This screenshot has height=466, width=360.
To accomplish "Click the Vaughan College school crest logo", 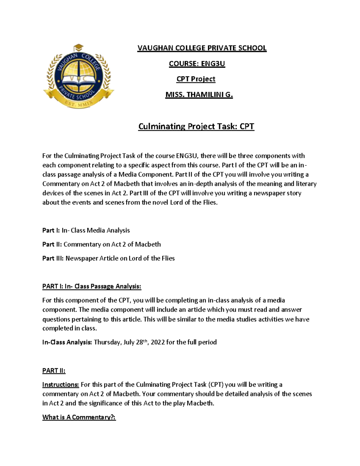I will click(x=79, y=77).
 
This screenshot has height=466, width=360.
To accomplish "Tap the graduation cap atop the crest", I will click(x=79, y=48).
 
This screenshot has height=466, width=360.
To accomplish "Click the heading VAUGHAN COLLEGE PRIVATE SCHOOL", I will click(x=202, y=48).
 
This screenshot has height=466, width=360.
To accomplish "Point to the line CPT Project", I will click(x=196, y=79).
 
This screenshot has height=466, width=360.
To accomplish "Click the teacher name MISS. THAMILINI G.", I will click(x=199, y=95).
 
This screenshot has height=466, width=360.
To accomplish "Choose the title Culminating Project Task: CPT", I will click(x=196, y=126).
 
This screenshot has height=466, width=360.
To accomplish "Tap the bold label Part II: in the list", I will click(x=52, y=244).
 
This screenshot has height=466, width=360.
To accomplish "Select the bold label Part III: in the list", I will click(x=53, y=258).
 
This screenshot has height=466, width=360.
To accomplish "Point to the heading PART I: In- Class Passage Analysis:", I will click(x=91, y=286).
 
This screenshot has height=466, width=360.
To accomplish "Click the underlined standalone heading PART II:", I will click(x=54, y=371).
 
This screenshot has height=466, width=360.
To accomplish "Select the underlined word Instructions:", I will click(x=61, y=385).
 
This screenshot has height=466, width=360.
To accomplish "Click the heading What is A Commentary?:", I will click(x=79, y=417).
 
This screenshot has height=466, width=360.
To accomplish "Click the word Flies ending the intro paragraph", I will click(x=210, y=203).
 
